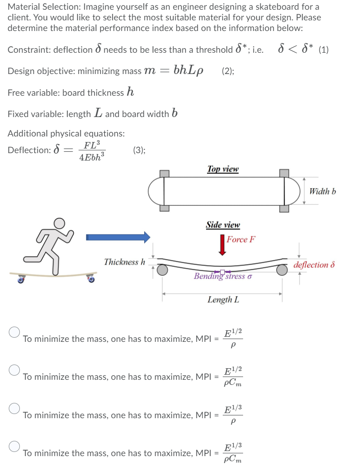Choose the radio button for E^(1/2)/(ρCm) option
click(x=15, y=370)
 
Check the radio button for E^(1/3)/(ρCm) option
click(x=15, y=446)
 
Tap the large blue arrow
click(x=118, y=237)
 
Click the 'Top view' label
click(x=223, y=169)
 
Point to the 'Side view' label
click(x=223, y=225)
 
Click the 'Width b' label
click(x=322, y=191)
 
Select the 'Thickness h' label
click(x=124, y=262)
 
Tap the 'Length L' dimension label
click(x=223, y=300)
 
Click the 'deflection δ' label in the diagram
click(x=314, y=265)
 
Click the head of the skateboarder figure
click(x=59, y=223)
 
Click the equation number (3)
click(x=139, y=150)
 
